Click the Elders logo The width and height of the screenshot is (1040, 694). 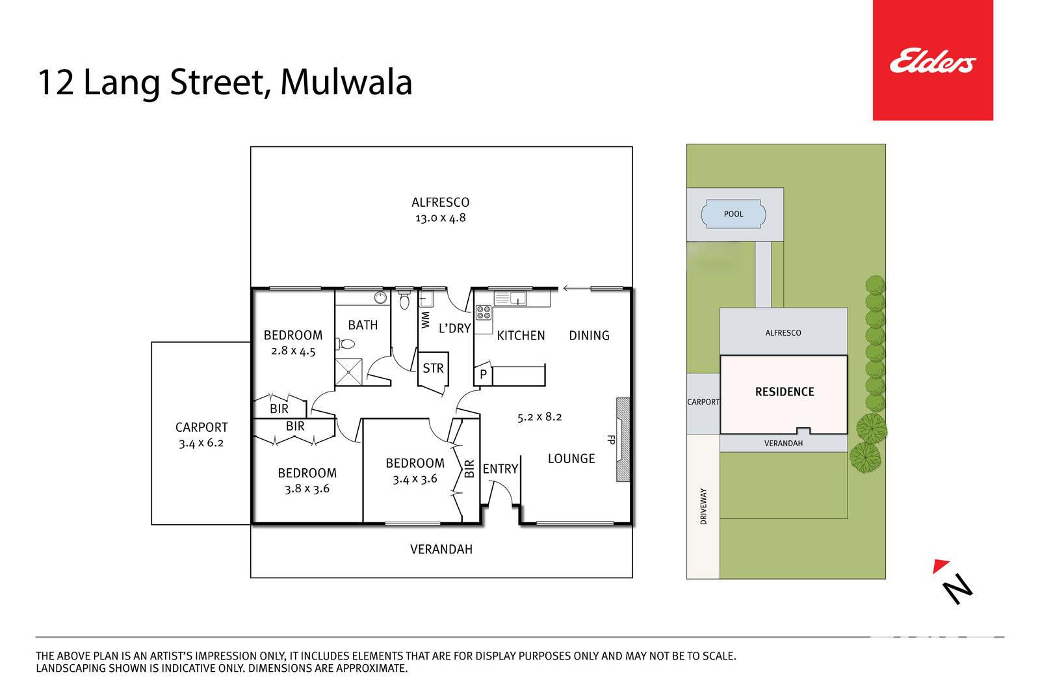click(933, 61)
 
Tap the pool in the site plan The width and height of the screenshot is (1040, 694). click(733, 214)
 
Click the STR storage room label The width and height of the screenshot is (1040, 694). click(433, 368)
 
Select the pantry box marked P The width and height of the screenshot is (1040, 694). click(483, 373)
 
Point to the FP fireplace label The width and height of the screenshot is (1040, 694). click(611, 440)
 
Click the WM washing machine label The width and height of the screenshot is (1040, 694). click(425, 320)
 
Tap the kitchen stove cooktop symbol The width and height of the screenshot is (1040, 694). click(484, 313)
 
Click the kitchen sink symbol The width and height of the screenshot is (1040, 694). click(510, 299)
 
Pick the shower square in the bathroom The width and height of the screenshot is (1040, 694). click(348, 372)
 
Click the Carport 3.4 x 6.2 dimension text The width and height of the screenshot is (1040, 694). click(201, 443)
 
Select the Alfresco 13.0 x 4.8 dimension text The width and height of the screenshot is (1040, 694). click(440, 218)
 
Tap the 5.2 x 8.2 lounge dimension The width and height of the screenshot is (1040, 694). click(539, 417)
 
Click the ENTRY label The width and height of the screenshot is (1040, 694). click(500, 469)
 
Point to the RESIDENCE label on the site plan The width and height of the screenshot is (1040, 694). click(785, 392)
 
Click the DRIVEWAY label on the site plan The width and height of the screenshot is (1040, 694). click(703, 506)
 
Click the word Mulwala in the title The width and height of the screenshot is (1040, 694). click(346, 83)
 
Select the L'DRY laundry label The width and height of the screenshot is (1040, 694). click(455, 328)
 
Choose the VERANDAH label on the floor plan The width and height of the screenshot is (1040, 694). click(441, 550)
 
